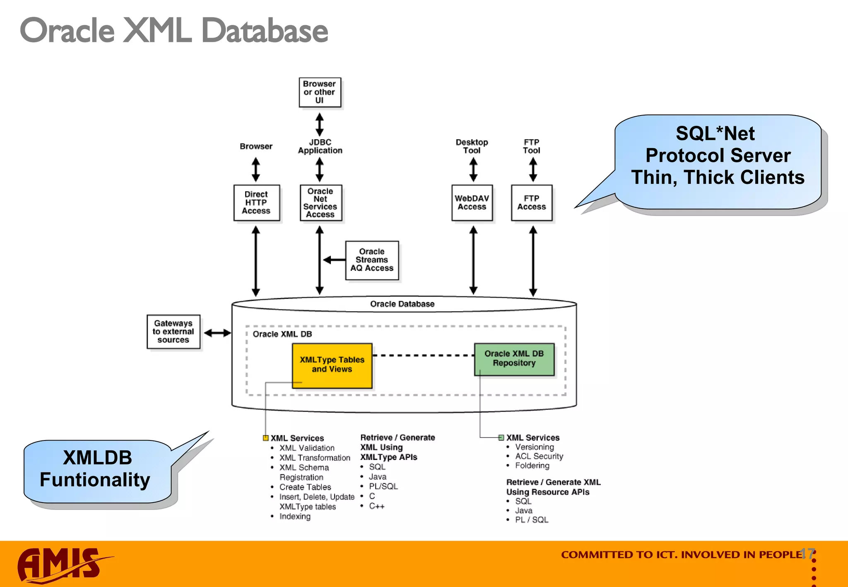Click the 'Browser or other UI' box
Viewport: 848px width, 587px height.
pyautogui.click(x=320, y=92)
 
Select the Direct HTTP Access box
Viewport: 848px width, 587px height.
pyautogui.click(x=256, y=202)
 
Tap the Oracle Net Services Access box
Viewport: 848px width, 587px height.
pyautogui.click(x=320, y=202)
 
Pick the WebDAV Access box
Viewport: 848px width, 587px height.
pyautogui.click(x=472, y=202)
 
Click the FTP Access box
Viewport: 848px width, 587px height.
pyautogui.click(x=532, y=202)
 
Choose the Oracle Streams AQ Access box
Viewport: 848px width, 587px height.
pyautogui.click(x=372, y=260)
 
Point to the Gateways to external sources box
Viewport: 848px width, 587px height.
pyautogui.click(x=173, y=332)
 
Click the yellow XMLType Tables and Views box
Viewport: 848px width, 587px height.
pyautogui.click(x=332, y=365)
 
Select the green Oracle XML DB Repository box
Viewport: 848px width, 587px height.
pyautogui.click(x=514, y=358)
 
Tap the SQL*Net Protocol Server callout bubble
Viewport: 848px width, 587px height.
pyautogui.click(x=718, y=161)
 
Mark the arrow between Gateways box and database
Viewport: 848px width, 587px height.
pyautogui.click(x=217, y=333)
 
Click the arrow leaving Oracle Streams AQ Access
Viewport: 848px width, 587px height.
pyautogui.click(x=334, y=260)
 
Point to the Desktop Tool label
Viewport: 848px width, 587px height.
pyautogui.click(x=472, y=146)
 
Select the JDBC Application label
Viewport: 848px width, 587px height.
pyautogui.click(x=320, y=146)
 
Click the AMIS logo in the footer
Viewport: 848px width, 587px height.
pyautogui.click(x=60, y=565)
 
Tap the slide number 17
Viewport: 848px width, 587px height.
pyautogui.click(x=807, y=553)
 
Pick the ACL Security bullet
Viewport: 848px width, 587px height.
pyautogui.click(x=539, y=456)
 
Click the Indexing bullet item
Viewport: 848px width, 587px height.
pyautogui.click(x=295, y=516)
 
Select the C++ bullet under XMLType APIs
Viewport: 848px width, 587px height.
pyautogui.click(x=376, y=506)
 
